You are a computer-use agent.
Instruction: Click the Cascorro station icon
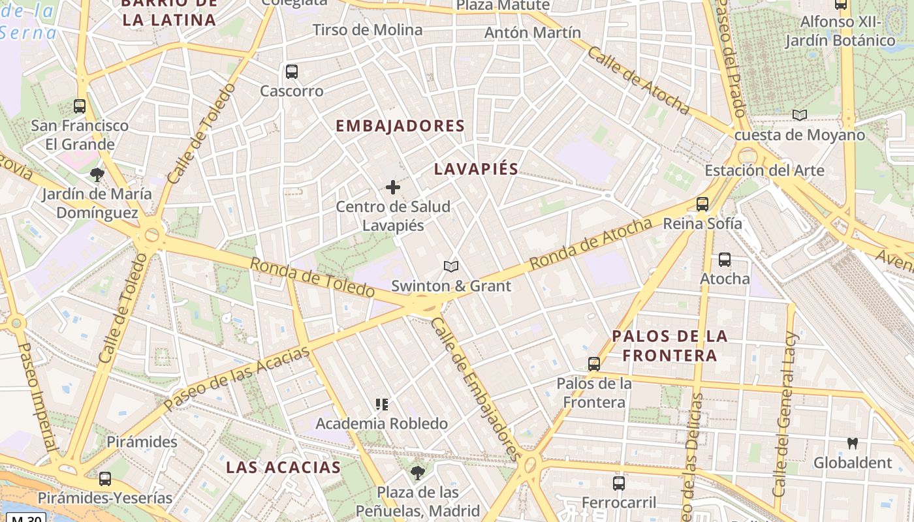click(292, 72)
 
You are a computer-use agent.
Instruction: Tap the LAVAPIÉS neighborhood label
click(476, 169)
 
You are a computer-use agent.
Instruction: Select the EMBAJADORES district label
click(400, 126)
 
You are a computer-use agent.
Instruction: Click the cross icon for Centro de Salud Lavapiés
click(393, 188)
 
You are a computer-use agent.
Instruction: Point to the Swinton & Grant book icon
click(451, 266)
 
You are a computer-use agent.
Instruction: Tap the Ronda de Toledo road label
click(312, 277)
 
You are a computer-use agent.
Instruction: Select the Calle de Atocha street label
click(638, 80)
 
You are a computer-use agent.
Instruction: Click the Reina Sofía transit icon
click(702, 204)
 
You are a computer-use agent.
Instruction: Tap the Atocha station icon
click(725, 260)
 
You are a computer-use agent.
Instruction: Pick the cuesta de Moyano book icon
click(800, 115)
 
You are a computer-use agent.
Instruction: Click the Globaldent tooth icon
click(852, 444)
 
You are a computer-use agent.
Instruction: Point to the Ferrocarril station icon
click(619, 484)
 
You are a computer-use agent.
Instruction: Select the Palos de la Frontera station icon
click(594, 364)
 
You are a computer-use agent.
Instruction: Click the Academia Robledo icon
click(382, 405)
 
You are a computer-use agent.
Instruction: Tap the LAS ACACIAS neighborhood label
click(283, 467)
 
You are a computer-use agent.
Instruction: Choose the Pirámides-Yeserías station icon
click(105, 479)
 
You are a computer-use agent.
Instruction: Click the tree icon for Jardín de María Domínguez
click(97, 175)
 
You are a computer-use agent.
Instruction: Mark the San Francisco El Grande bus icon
click(80, 106)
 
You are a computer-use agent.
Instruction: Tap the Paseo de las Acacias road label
click(236, 378)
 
